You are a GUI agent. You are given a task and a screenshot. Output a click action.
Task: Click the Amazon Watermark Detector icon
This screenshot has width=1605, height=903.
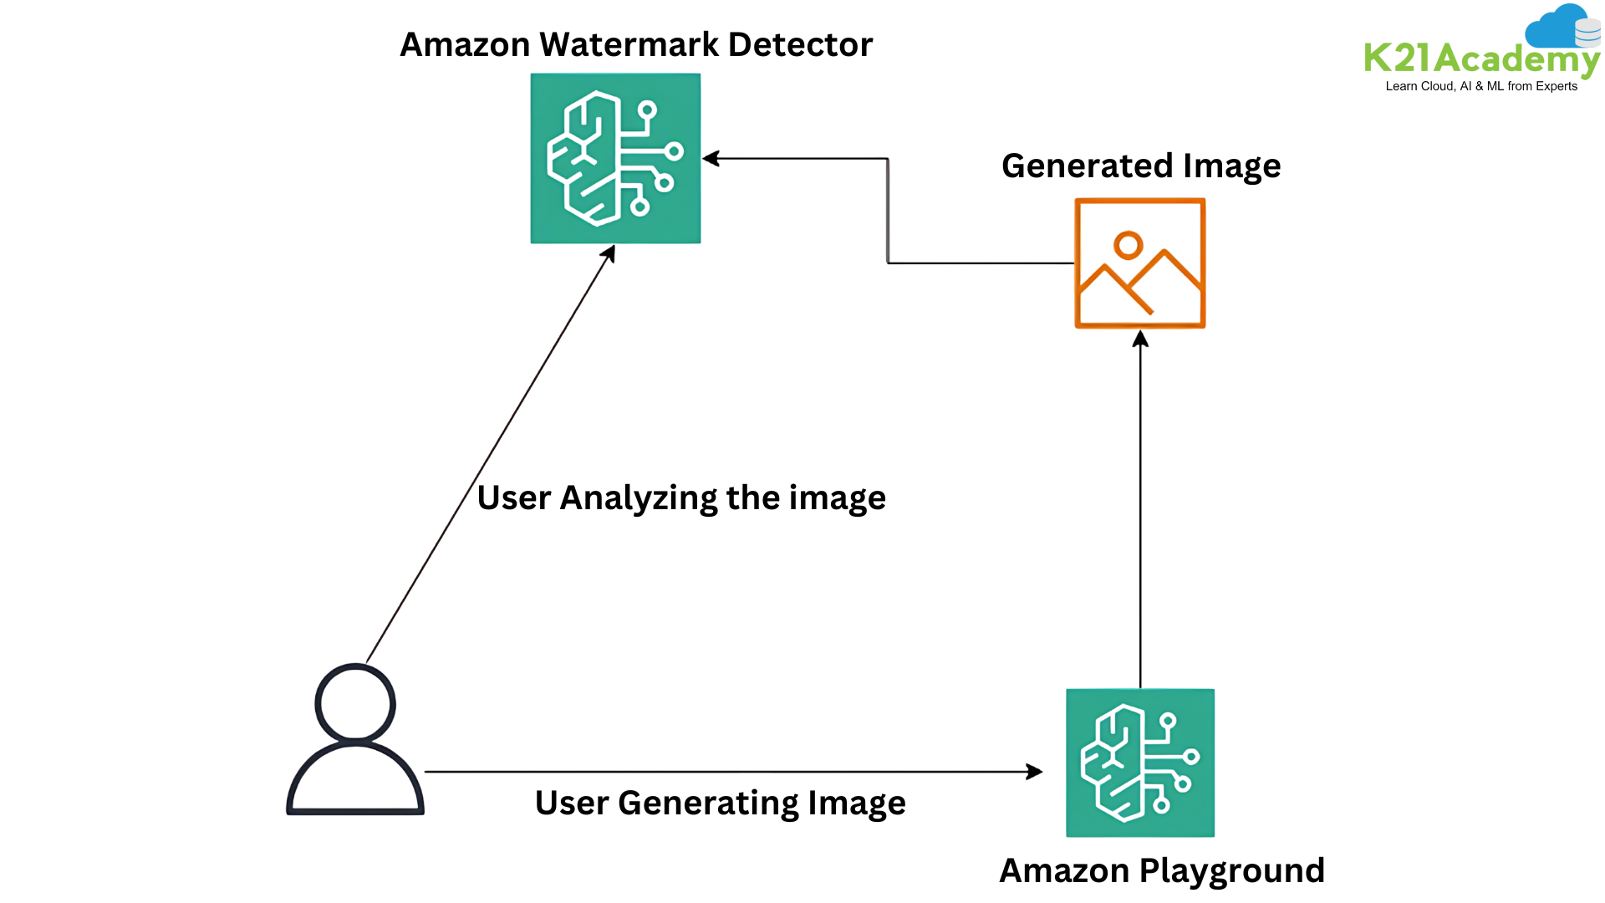pos(615,159)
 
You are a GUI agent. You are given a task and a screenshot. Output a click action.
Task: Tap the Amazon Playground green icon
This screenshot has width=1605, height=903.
pos(1140,763)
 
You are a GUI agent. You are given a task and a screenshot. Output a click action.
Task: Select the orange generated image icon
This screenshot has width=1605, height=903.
pos(1140,263)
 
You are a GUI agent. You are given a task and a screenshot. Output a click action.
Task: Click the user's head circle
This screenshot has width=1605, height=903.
pos(355,703)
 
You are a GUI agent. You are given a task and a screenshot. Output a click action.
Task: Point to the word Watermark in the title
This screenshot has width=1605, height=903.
pos(629,45)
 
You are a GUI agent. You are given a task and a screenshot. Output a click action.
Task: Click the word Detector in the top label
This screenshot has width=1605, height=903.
pos(800,45)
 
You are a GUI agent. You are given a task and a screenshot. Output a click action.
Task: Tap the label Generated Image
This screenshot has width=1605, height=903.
pos(1141,166)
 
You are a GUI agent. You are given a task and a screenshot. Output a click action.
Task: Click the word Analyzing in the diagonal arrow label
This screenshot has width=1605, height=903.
pos(639,498)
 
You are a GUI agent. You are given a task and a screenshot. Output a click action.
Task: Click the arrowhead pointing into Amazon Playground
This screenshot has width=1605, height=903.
pos(1035,772)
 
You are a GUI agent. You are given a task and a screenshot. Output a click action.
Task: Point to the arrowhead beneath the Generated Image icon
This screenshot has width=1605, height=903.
pos(1140,339)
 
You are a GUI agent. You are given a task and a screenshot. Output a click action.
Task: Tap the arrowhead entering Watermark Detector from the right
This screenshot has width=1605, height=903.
pos(711,159)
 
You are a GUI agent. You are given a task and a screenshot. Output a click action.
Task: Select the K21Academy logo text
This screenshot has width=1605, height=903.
pos(1480,59)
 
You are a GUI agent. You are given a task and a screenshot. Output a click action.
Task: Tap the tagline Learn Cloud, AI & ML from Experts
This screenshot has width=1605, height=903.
pos(1481,86)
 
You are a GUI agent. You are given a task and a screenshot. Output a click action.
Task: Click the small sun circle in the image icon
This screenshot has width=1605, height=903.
pos(1128,245)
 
